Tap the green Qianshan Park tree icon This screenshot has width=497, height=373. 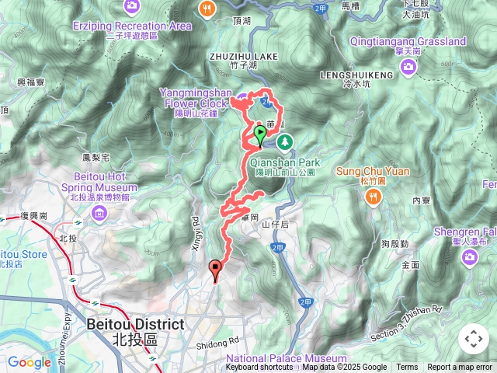pos(285,141)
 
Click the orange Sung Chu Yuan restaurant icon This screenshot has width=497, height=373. pos(374,197)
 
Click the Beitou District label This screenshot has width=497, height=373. pos(135,324)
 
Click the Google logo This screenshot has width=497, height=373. pos(29,362)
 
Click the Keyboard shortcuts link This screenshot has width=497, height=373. pos(259,368)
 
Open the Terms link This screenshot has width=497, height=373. pos(407,368)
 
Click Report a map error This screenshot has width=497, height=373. pos(460,368)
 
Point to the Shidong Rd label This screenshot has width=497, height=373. pos(222,341)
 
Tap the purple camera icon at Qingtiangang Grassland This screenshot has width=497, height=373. pos(408,69)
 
